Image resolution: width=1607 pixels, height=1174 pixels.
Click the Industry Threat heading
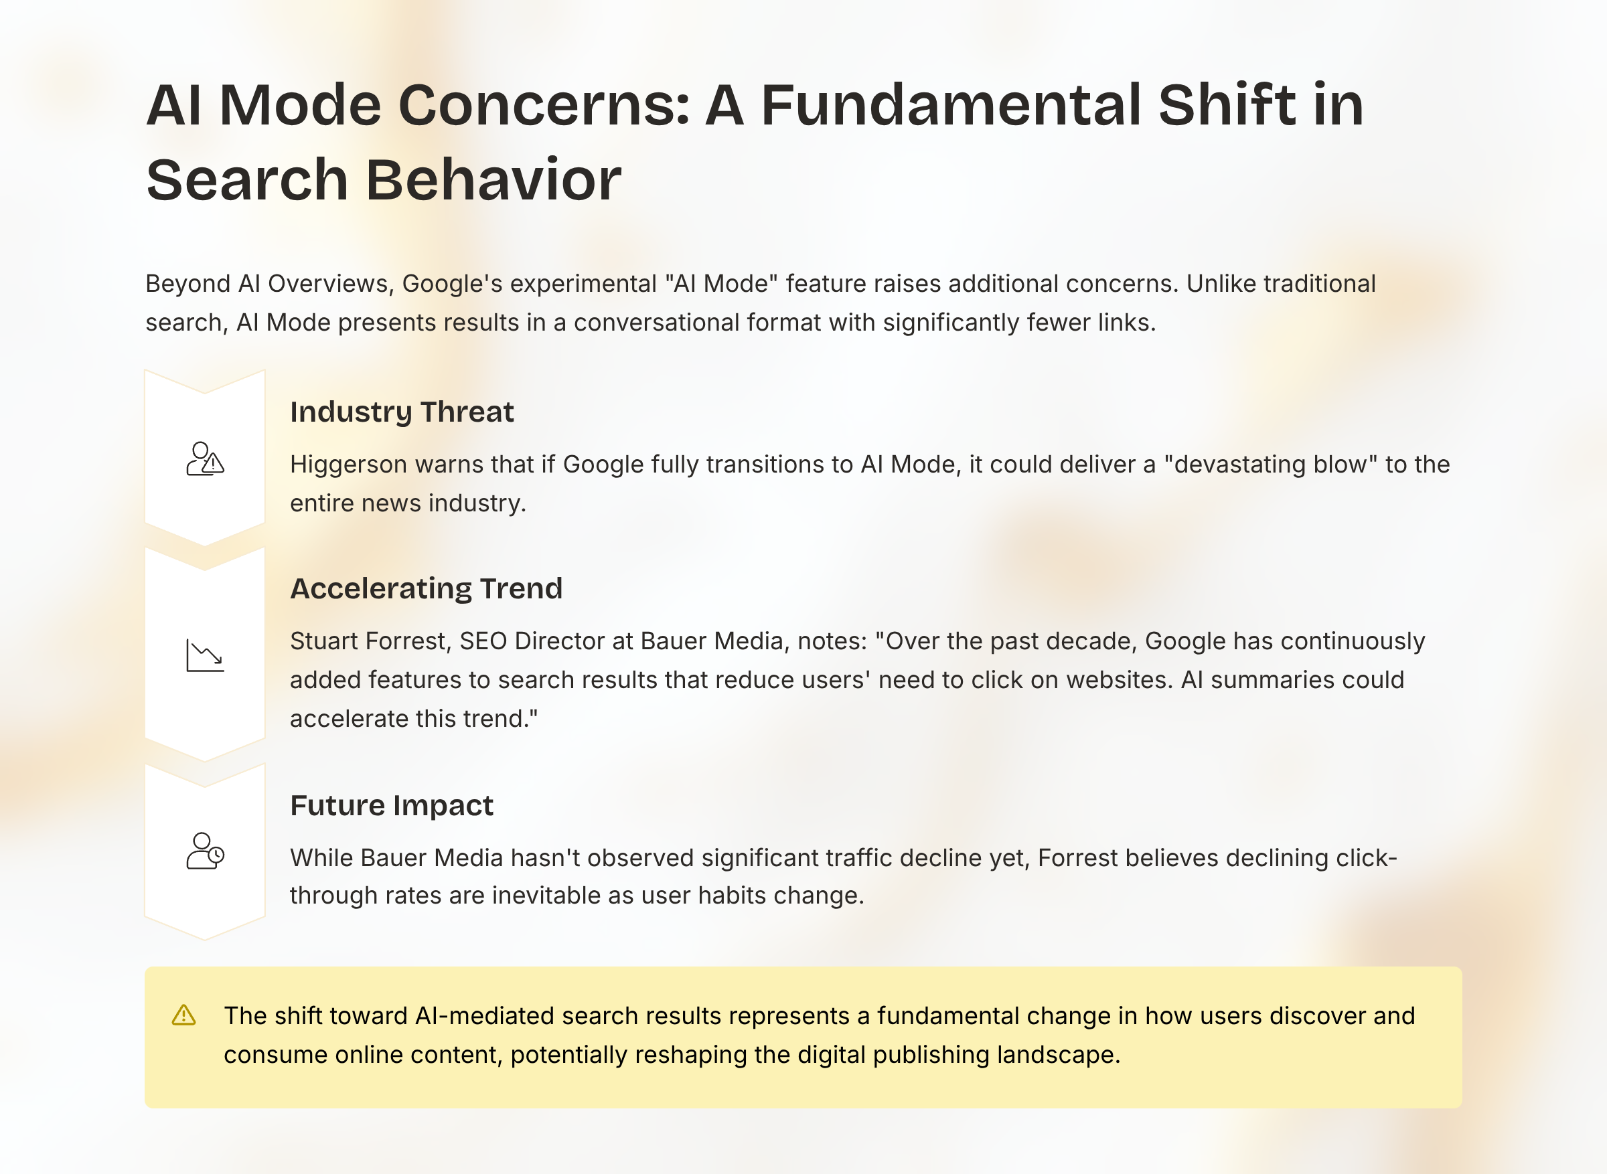click(402, 412)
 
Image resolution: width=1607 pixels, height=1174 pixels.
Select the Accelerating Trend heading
click(427, 589)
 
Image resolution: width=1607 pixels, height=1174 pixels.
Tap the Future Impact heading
click(392, 806)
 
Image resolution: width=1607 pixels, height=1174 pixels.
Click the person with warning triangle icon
click(206, 459)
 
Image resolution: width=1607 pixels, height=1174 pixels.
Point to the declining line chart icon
click(206, 655)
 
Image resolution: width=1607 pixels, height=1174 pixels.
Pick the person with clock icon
click(206, 851)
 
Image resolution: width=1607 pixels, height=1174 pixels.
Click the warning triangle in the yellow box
click(183, 1015)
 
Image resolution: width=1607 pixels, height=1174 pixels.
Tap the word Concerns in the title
click(544, 105)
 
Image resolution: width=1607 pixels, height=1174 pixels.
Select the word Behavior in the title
click(493, 180)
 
